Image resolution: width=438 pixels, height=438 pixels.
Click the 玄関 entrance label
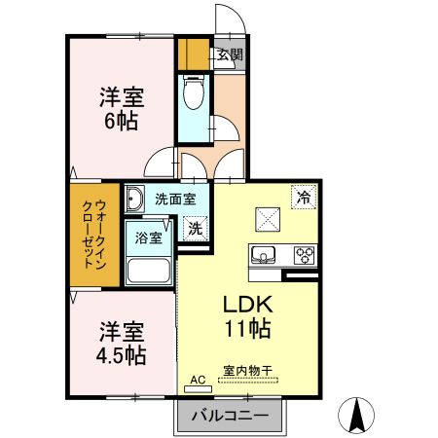(231, 55)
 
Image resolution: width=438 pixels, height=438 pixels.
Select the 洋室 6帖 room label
(120, 109)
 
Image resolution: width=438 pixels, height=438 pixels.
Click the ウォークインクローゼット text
(90, 239)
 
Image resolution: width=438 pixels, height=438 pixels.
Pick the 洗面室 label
(176, 199)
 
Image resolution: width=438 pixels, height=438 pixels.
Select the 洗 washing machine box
(196, 230)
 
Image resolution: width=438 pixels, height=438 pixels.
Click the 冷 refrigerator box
(303, 196)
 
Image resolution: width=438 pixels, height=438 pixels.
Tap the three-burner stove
(305, 256)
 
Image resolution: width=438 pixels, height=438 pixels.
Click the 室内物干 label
(246, 372)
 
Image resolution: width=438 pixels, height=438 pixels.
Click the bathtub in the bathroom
(149, 271)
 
